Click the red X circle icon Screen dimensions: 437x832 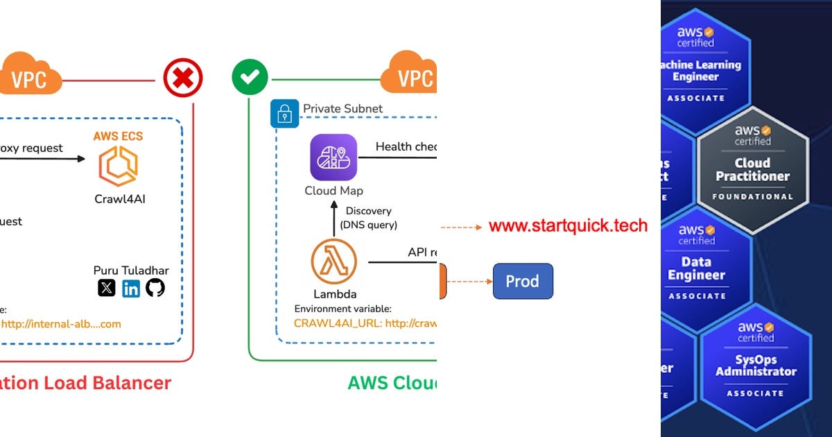[183, 78]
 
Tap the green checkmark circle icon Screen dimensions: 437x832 [250, 78]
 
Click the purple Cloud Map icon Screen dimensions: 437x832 [333, 157]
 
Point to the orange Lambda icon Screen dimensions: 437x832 [333, 262]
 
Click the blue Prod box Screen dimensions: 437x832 [523, 282]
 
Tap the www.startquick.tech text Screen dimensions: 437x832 [568, 226]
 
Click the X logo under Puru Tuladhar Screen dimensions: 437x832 [106, 288]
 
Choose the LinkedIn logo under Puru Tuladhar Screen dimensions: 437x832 [131, 288]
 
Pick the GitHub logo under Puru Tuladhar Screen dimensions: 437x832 [155, 288]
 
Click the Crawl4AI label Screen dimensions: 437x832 [120, 200]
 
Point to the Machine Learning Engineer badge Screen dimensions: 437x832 [696, 66]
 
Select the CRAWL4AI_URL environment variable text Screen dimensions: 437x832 [365, 323]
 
